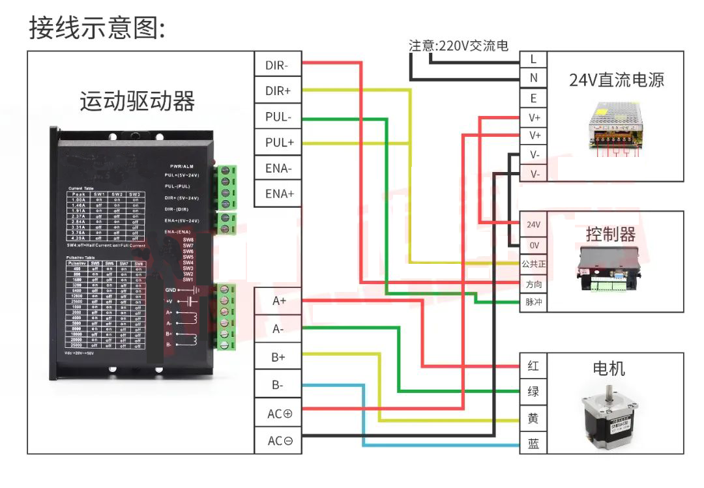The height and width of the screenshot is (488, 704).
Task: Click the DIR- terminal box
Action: [278, 65]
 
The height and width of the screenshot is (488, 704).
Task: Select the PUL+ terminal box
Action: [278, 142]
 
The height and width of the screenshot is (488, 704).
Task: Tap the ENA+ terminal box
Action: [278, 194]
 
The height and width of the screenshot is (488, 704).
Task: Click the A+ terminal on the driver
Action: [278, 302]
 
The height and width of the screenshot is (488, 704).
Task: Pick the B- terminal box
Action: [278, 385]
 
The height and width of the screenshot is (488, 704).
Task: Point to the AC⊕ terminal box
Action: [278, 414]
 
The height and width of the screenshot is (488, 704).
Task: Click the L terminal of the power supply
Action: [533, 59]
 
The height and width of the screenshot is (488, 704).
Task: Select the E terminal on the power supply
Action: [533, 98]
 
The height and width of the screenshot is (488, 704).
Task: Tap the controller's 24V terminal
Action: [533, 224]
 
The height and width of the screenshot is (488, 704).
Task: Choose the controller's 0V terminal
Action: [533, 245]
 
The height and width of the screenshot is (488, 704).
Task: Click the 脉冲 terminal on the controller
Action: [533, 303]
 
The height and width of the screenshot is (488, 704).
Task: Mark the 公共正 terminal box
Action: [533, 265]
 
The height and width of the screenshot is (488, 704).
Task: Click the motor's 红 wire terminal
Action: [533, 366]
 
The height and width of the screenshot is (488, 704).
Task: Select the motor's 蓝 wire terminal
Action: [533, 444]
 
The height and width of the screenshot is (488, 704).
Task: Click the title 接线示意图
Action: [97, 28]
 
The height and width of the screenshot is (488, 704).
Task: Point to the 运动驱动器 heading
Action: [137, 102]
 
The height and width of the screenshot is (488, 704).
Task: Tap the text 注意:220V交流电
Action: [458, 46]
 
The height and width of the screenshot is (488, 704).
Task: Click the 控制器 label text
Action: [610, 234]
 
